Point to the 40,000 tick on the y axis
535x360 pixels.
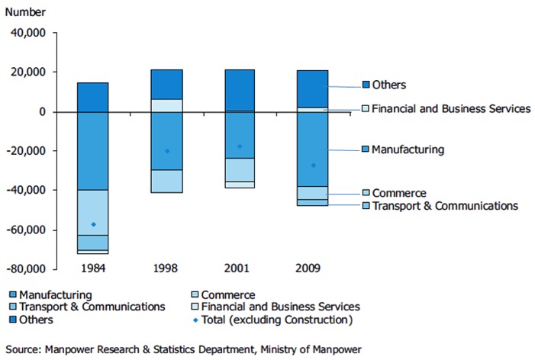pos(29,33)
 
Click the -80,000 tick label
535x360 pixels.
pos(27,269)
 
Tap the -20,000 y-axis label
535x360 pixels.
pos(27,151)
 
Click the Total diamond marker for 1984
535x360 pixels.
pos(93,224)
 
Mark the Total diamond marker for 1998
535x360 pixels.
pos(166,151)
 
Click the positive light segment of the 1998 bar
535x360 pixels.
pos(166,105)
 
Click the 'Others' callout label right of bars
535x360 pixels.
pos(388,85)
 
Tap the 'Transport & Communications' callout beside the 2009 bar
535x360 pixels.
pos(444,206)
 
